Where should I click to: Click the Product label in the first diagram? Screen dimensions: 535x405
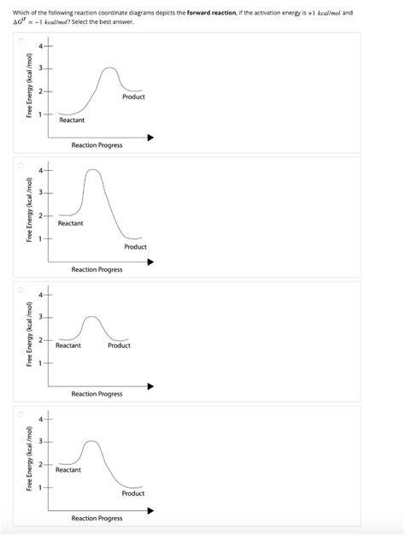click(133, 97)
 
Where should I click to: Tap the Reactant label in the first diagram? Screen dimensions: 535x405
click(72, 121)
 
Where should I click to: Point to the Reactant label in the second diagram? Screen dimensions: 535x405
click(71, 223)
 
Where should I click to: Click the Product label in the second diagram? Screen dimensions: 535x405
click(135, 247)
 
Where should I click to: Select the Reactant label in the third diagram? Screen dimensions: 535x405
click(68, 345)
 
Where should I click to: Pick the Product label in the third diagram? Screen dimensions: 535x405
click(119, 345)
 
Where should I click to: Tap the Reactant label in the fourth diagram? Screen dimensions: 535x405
click(68, 469)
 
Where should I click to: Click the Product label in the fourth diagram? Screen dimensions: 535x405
click(132, 493)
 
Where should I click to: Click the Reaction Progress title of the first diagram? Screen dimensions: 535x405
click(97, 145)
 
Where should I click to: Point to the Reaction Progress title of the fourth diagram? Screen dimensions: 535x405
click(97, 519)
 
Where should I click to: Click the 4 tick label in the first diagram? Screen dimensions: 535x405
click(39, 46)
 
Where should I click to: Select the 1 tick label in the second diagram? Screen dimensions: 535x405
click(39, 238)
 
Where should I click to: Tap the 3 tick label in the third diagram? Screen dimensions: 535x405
click(39, 318)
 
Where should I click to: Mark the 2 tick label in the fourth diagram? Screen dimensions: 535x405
click(39, 464)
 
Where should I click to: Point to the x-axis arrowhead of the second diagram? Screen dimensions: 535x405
click(151, 262)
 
